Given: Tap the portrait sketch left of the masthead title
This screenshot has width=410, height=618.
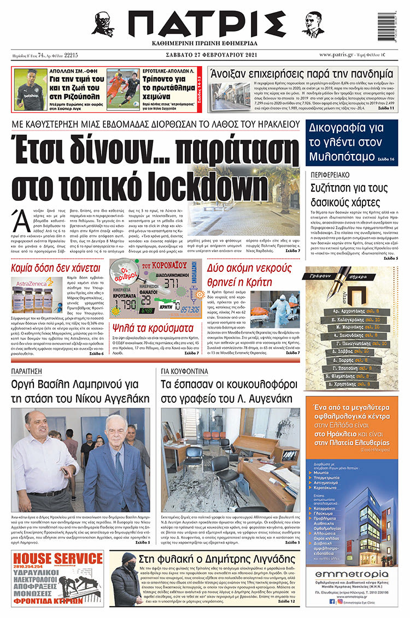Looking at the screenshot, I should pos(103,24).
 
